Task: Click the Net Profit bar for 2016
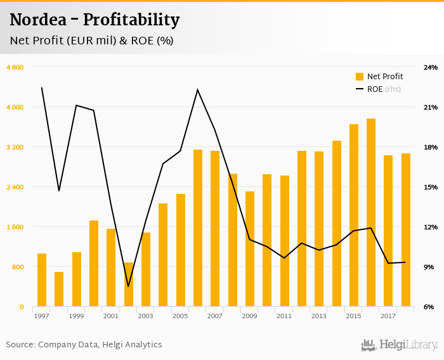[371, 213]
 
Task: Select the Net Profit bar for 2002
[129, 285]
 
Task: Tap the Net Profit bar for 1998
[59, 290]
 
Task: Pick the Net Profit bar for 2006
[198, 228]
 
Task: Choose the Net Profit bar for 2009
[250, 249]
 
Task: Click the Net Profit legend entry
[379, 77]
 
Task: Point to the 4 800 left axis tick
[15, 67]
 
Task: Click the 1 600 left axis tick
[15, 227]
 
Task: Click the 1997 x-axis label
[42, 316]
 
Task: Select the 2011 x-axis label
[284, 316]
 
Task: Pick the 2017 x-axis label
[388, 316]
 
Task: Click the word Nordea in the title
[40, 20]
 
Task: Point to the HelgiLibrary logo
[399, 345]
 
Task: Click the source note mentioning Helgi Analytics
[84, 345]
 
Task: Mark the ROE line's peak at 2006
[197, 89]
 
